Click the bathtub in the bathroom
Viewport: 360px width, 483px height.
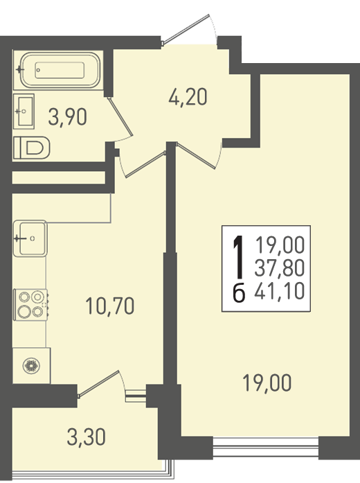pos(60,70)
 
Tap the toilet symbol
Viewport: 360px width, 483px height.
pos(32,148)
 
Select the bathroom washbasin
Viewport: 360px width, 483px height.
pos(24,111)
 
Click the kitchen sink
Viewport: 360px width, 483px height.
pos(30,238)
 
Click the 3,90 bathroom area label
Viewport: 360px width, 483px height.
pos(67,117)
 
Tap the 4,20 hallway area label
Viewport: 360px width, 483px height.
pos(188,97)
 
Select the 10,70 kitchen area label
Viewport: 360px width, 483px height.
pos(110,306)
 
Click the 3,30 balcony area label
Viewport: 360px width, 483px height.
pos(87,437)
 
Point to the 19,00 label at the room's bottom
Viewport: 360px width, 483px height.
pos(267,383)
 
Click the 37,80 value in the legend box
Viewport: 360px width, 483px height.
pos(280,267)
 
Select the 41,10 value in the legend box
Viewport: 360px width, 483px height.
pos(280,291)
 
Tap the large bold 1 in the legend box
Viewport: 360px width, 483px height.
pos(239,258)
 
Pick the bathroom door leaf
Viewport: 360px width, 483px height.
pos(120,116)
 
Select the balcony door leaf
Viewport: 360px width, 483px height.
pos(99,384)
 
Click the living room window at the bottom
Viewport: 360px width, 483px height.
pos(266,446)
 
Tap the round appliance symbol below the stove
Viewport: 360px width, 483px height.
pos(31,366)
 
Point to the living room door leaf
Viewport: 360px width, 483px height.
pos(197,155)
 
